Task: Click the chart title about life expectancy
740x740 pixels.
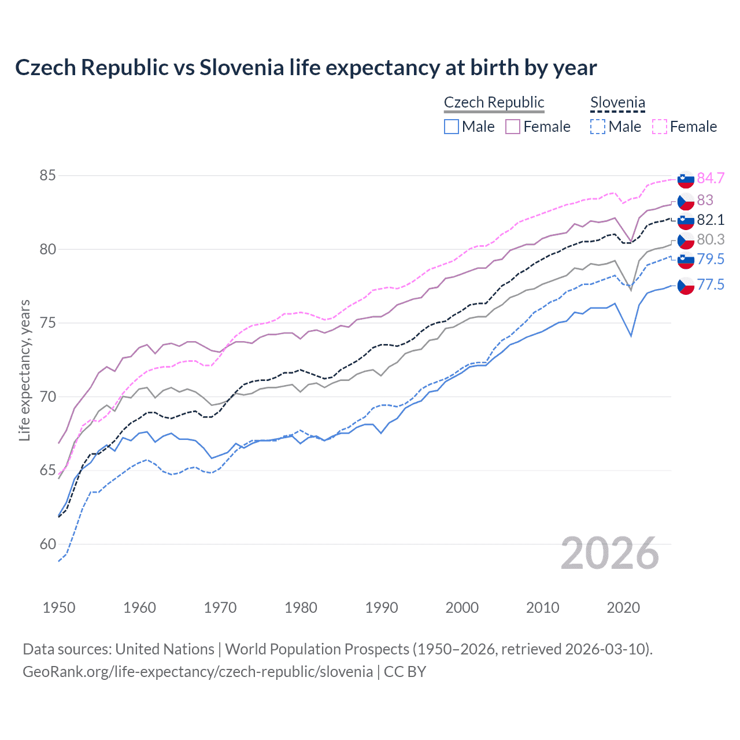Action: pyautogui.click(x=305, y=68)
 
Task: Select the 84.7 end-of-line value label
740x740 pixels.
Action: pyautogui.click(x=711, y=178)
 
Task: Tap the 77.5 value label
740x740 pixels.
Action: pyautogui.click(x=711, y=284)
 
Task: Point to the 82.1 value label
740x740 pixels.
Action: pyautogui.click(x=711, y=220)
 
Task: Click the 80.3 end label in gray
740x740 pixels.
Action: pyautogui.click(x=711, y=239)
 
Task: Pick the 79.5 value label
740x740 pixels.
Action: pyautogui.click(x=711, y=259)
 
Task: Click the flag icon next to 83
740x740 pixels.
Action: pyautogui.click(x=686, y=201)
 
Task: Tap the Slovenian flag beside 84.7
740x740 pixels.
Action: pyautogui.click(x=686, y=179)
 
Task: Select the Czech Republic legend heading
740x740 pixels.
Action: pyautogui.click(x=494, y=102)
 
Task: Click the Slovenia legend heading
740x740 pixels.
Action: pyautogui.click(x=617, y=102)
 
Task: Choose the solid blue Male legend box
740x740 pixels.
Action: pyautogui.click(x=452, y=127)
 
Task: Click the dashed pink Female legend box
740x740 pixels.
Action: pyautogui.click(x=660, y=127)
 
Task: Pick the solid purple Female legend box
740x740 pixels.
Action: pyautogui.click(x=513, y=127)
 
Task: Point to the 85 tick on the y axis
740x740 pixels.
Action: pyautogui.click(x=47, y=175)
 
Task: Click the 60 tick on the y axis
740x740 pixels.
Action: pyautogui.click(x=47, y=544)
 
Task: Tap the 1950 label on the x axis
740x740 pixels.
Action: pyautogui.click(x=59, y=608)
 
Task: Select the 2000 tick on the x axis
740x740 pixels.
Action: pyautogui.click(x=462, y=608)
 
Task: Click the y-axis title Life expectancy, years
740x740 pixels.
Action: pyautogui.click(x=24, y=370)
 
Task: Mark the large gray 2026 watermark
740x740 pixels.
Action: pyautogui.click(x=609, y=553)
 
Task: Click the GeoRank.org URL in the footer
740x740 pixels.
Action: pyautogui.click(x=198, y=672)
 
